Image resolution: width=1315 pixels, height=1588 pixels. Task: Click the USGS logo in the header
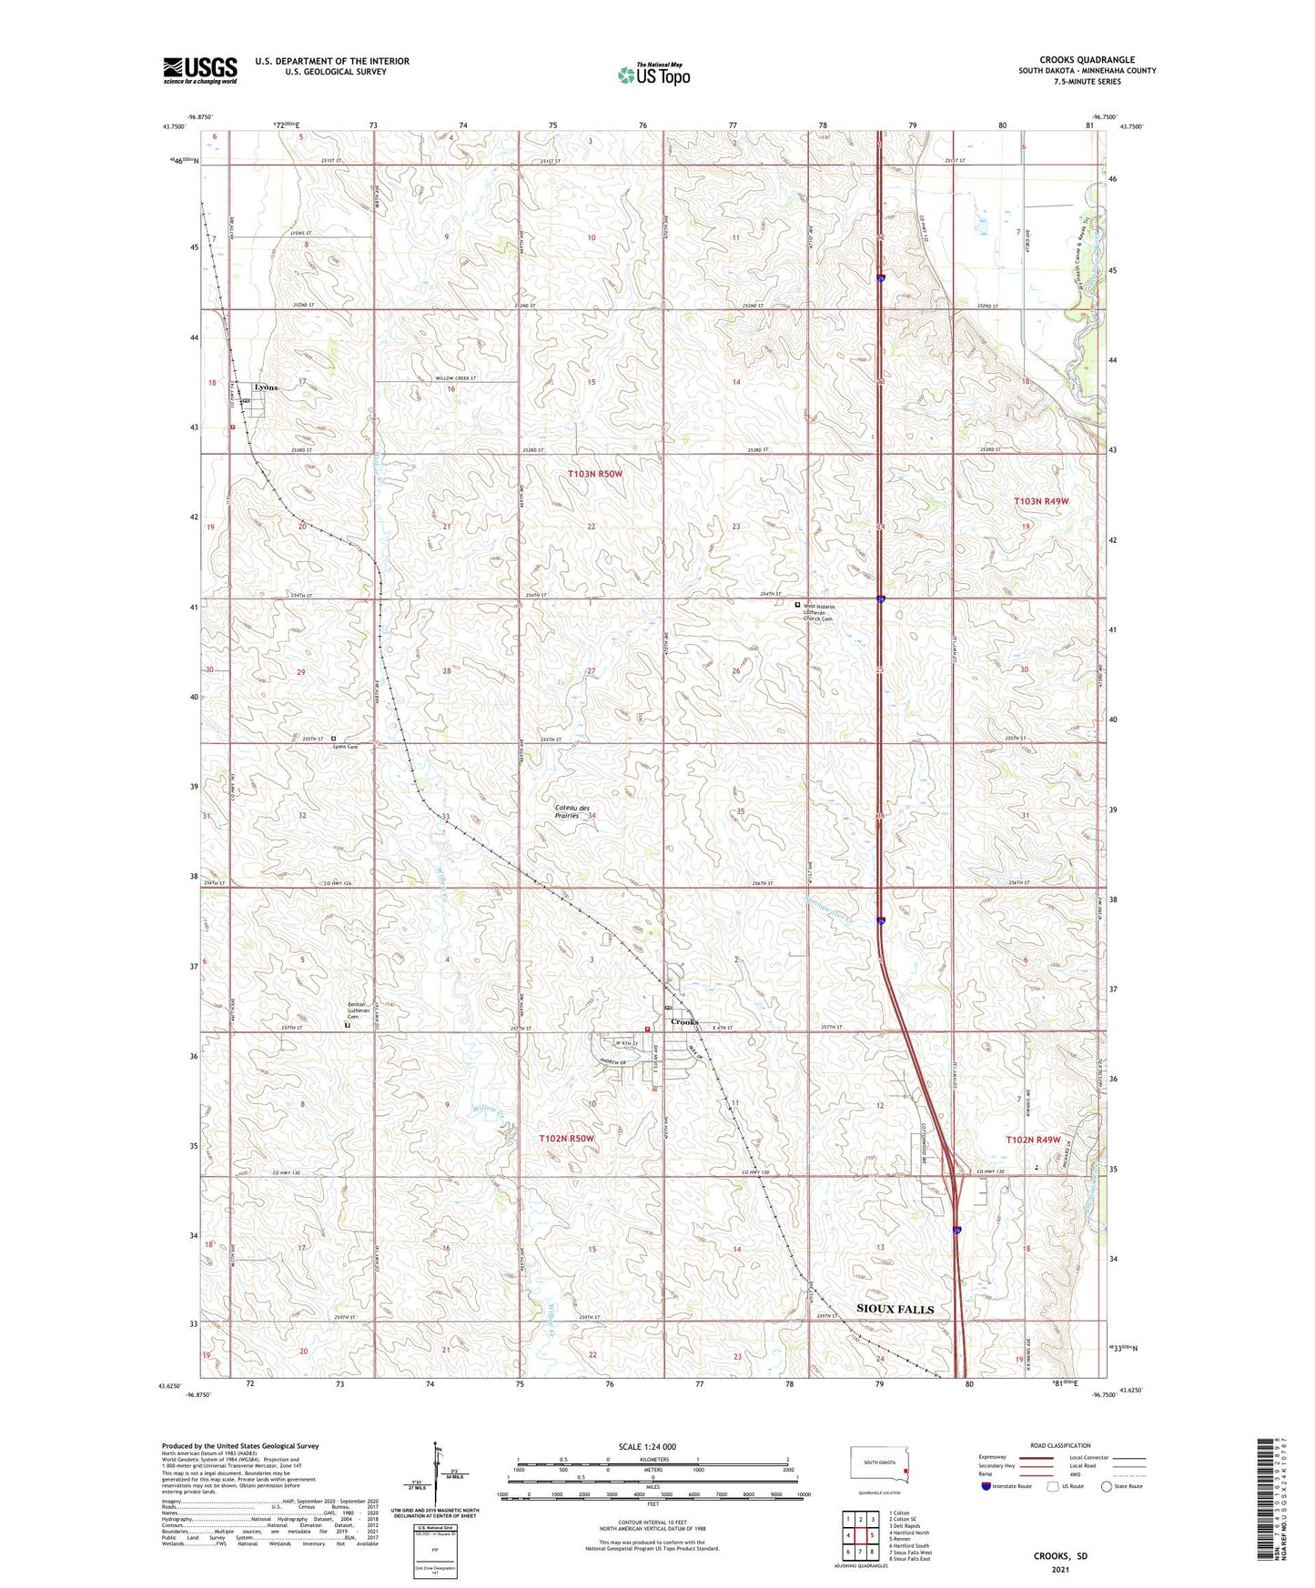tap(199, 70)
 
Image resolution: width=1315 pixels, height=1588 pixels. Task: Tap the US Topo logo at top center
tap(653, 74)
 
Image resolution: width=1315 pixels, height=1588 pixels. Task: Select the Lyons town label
tap(266, 387)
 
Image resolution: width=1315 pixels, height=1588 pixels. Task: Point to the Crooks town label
tap(684, 1022)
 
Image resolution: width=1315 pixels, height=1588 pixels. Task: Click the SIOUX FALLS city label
tap(895, 1309)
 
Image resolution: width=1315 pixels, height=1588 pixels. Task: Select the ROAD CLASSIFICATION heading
tap(1059, 1445)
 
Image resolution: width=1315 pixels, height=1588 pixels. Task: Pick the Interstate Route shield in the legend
tap(986, 1486)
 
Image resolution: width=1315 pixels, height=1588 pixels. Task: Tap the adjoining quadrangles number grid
tap(860, 1534)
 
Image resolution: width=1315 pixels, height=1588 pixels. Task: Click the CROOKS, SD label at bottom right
tap(1060, 1556)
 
